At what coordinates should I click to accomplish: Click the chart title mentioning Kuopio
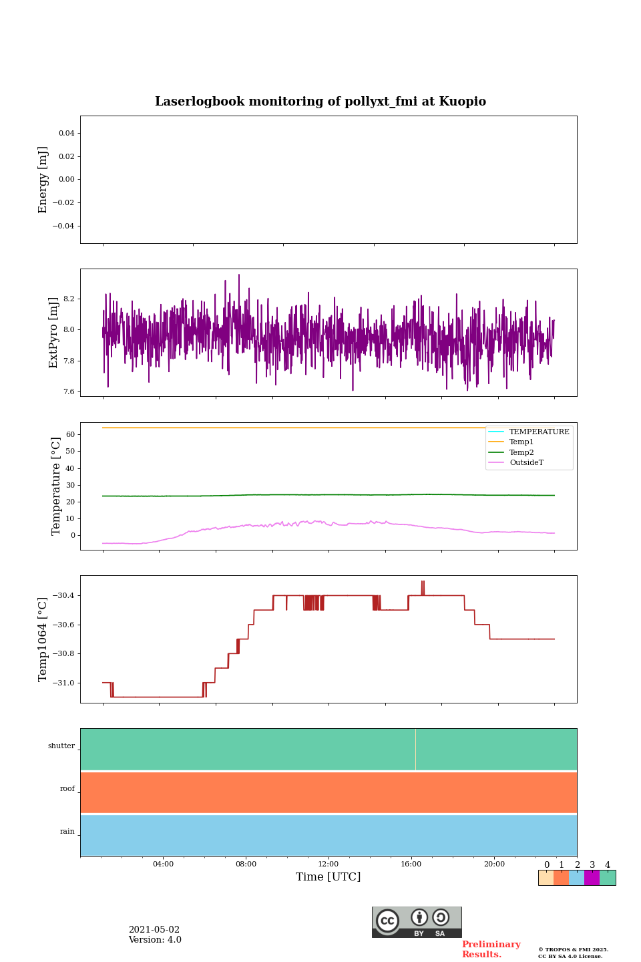(320, 102)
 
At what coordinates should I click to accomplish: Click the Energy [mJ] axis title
(43, 180)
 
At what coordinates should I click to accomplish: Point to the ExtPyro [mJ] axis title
(53, 333)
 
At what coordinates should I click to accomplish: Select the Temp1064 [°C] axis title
(43, 639)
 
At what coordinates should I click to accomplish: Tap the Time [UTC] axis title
(329, 877)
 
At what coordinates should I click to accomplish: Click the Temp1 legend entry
(521, 442)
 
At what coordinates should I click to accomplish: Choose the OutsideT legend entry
(526, 463)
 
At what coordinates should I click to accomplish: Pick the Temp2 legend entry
(521, 453)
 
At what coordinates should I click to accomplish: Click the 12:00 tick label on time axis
(329, 864)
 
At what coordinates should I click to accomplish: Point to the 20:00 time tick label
(494, 864)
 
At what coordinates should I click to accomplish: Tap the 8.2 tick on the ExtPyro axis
(69, 299)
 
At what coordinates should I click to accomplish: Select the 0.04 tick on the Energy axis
(66, 133)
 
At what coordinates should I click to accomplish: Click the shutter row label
(61, 746)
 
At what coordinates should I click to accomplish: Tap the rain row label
(67, 832)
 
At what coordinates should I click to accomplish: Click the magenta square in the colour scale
(592, 878)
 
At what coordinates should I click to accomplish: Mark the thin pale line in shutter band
(415, 750)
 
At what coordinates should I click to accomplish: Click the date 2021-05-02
(154, 930)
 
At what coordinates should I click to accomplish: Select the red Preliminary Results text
(491, 949)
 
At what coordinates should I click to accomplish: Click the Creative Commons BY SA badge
(417, 922)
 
